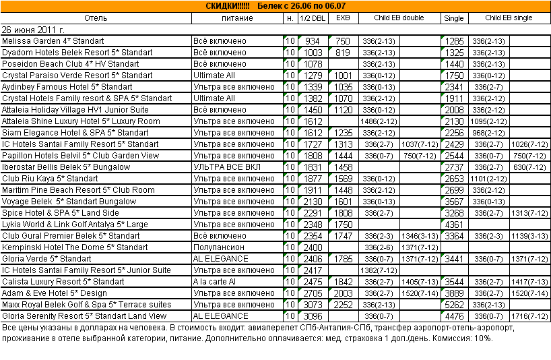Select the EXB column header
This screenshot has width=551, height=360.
pos(342,18)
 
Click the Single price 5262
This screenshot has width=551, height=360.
pos(455,305)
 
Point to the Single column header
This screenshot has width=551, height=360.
pos(454,18)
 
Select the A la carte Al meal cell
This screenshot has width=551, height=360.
pos(215,282)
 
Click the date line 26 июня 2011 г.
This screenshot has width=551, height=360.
pos(34,30)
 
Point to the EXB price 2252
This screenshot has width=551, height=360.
pos(343,305)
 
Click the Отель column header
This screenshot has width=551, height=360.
pos(96,18)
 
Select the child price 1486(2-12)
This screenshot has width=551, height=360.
pos(378,121)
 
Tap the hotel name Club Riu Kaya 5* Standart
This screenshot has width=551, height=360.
pos(50,179)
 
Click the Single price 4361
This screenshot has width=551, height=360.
pos(455,224)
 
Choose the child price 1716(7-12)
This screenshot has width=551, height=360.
pos(529,316)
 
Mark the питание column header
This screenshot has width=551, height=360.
pos(237,18)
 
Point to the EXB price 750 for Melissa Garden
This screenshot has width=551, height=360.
pos(343,41)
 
